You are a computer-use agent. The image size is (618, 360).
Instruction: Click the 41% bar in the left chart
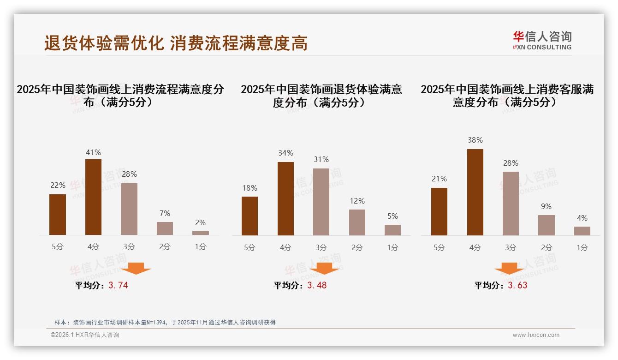tap(93, 197)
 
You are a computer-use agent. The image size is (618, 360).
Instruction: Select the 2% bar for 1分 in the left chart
tap(201, 233)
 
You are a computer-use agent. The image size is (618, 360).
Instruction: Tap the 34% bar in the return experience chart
tap(285, 198)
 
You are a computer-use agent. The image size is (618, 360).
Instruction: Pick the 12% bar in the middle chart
tap(357, 222)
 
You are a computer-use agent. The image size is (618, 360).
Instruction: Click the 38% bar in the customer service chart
tap(475, 192)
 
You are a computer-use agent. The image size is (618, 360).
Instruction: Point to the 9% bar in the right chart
tap(547, 225)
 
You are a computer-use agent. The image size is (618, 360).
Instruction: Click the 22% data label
tap(58, 185)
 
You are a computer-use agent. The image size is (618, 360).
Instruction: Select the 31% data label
tap(321, 159)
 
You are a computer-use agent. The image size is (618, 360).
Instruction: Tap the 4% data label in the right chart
tap(582, 218)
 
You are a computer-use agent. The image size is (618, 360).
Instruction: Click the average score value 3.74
tap(118, 285)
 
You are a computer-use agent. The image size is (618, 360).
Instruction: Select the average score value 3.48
tap(317, 285)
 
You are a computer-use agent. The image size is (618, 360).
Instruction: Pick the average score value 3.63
tap(517, 285)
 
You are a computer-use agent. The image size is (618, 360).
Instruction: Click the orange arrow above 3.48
tap(324, 268)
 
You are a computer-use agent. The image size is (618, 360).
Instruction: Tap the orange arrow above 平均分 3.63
tap(509, 268)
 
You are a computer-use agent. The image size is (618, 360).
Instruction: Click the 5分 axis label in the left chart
tap(58, 247)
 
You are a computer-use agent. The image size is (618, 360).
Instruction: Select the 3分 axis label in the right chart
tap(511, 247)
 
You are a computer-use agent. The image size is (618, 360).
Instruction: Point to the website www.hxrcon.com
tap(536, 335)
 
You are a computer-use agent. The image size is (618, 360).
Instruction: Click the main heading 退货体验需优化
tap(104, 43)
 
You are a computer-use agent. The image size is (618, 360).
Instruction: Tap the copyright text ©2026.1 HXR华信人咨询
tap(85, 335)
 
